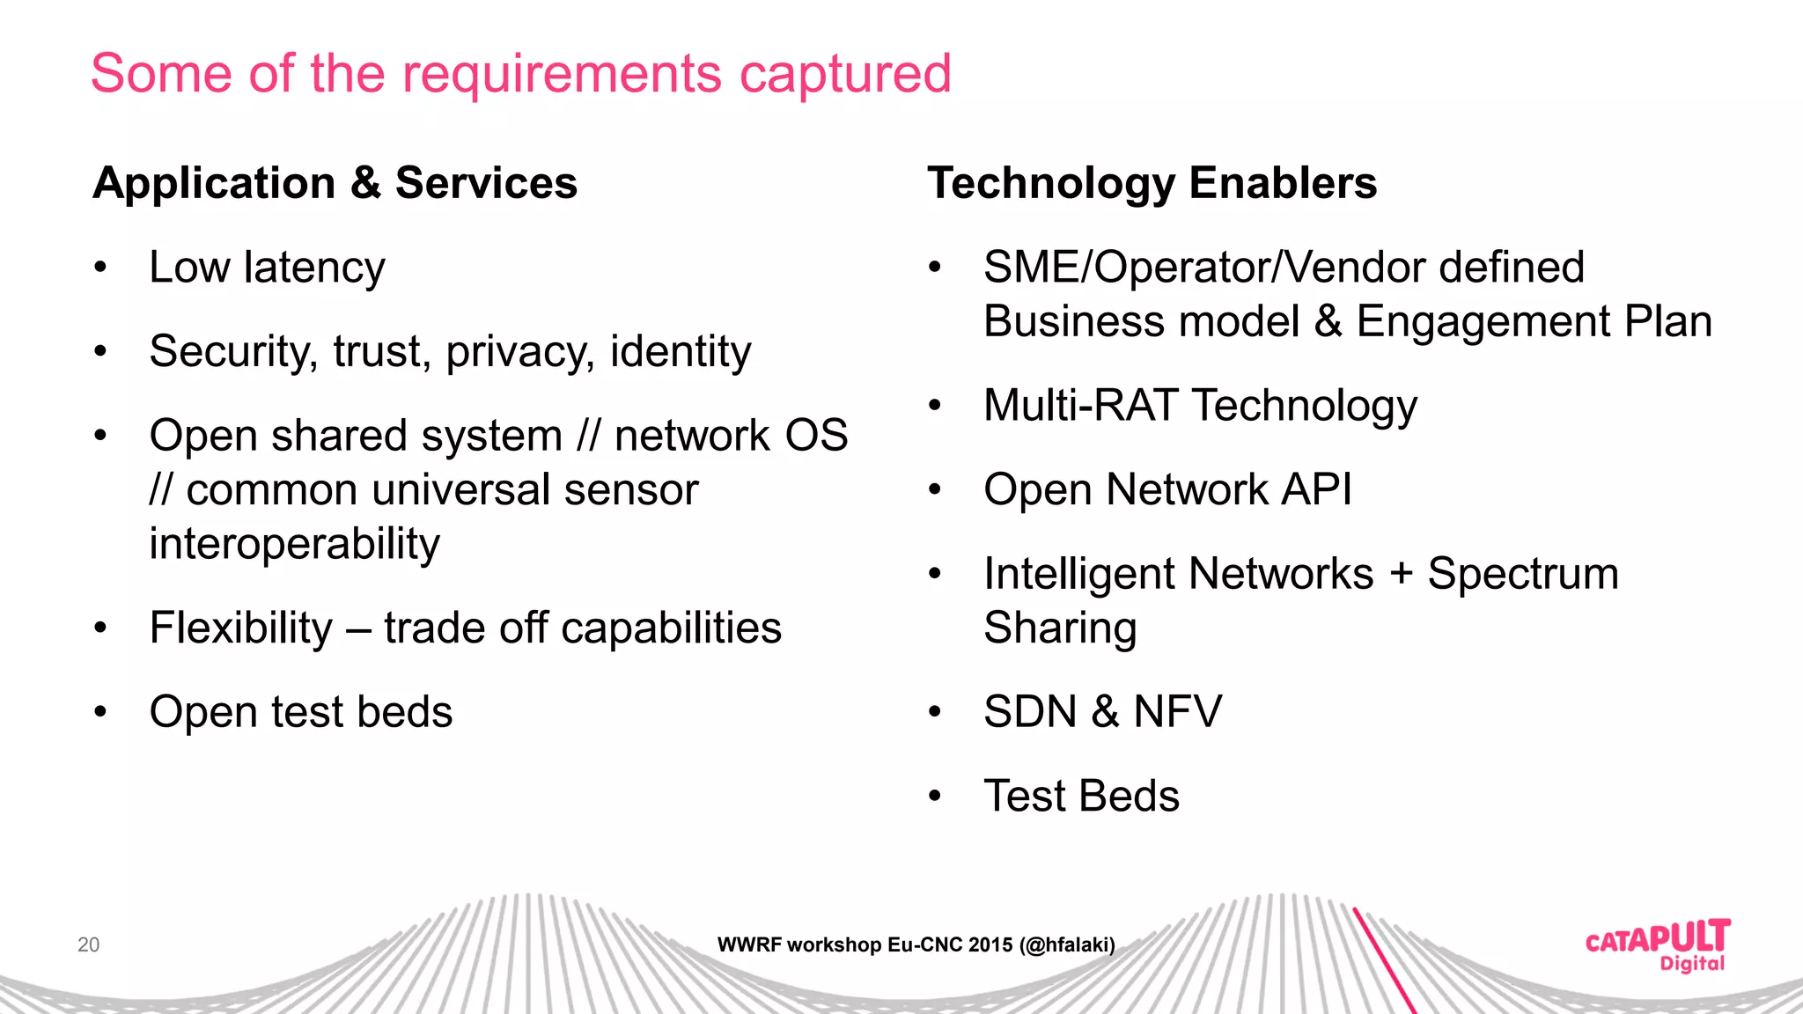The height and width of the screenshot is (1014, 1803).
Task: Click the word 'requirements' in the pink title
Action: pyautogui.click(x=562, y=74)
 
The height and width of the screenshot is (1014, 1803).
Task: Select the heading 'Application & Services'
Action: pyautogui.click(x=335, y=183)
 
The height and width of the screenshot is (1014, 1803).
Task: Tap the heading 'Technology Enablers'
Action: pyautogui.click(x=1152, y=183)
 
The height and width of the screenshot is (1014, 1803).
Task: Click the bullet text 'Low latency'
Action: pyautogui.click(x=267, y=268)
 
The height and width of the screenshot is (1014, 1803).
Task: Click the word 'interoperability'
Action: pyautogui.click(x=294, y=544)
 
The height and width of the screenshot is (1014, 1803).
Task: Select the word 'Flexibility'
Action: pyautogui.click(x=241, y=628)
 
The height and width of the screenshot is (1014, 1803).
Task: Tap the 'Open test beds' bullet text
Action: pyautogui.click(x=300, y=712)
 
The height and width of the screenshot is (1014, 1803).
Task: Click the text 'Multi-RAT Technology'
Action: pyautogui.click(x=1200, y=406)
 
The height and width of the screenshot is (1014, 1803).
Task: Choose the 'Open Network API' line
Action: pyautogui.click(x=1167, y=489)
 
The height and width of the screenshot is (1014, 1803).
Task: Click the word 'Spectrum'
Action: pyautogui.click(x=1523, y=574)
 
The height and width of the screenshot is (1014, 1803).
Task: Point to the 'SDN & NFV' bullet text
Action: pyautogui.click(x=1102, y=712)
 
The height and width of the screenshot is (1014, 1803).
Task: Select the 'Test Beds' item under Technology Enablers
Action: pyautogui.click(x=1081, y=797)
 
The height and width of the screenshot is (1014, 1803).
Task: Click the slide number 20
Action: pyautogui.click(x=88, y=944)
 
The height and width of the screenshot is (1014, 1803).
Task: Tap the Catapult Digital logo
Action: pyautogui.click(x=1657, y=945)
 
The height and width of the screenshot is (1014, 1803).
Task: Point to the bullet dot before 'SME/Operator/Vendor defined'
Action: pyautogui.click(x=935, y=267)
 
